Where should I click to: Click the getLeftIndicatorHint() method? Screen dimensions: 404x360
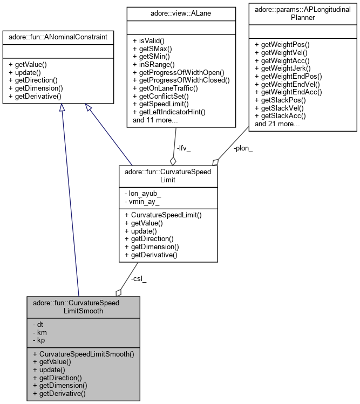(x=173, y=112)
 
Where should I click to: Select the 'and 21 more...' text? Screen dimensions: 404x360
(x=277, y=124)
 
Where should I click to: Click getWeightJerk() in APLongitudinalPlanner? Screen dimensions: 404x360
(x=286, y=68)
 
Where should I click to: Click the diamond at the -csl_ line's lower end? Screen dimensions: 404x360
(x=118, y=292)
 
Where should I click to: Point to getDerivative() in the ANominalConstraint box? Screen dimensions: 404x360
(x=35, y=96)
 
